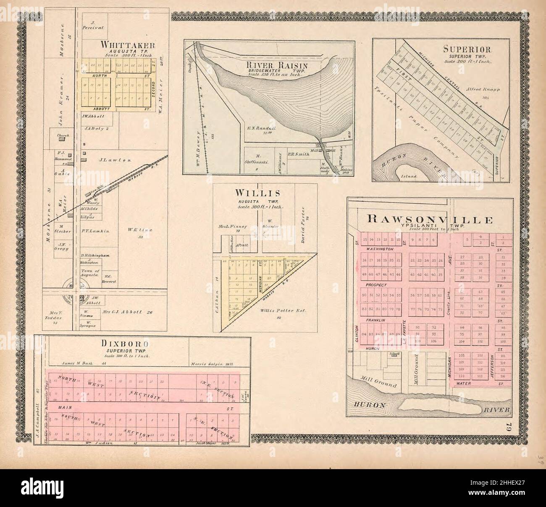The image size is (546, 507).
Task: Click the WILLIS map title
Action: tap(257, 193)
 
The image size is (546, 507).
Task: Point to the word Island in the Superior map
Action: tap(409, 176)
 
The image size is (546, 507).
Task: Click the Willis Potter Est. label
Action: tap(283, 311)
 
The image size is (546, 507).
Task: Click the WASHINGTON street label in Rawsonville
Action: tap(380, 249)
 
